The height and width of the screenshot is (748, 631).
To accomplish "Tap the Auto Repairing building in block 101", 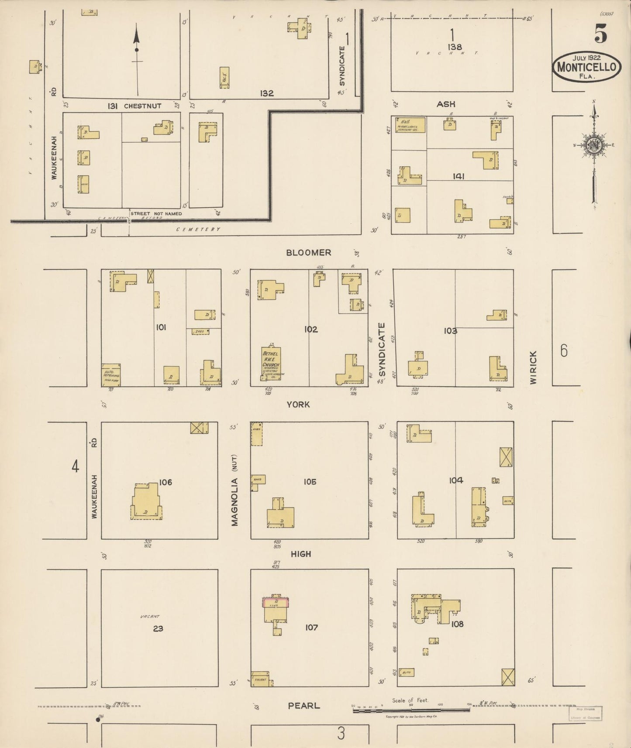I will (x=111, y=374).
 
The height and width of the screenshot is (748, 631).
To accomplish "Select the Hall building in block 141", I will (x=410, y=125).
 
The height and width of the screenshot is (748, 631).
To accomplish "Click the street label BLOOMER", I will (x=309, y=252).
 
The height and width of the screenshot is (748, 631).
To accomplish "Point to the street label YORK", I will (x=298, y=405).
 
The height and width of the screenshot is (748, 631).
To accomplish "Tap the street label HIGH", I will (x=301, y=554).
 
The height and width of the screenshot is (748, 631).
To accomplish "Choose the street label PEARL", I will (x=304, y=705).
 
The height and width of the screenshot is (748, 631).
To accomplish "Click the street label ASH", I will (x=446, y=104).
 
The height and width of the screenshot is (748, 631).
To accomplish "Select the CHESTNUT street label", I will (x=142, y=106).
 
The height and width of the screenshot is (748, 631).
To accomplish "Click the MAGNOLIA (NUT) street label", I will (x=234, y=490).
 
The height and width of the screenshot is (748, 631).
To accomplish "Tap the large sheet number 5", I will (x=600, y=33).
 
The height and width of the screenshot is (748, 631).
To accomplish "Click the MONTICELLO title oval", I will (x=586, y=67).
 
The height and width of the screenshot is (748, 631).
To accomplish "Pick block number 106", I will (x=166, y=482).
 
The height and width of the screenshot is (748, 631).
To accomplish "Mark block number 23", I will (x=158, y=628).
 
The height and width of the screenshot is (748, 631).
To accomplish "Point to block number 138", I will (x=454, y=47).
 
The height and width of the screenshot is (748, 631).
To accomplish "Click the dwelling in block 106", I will (x=146, y=503).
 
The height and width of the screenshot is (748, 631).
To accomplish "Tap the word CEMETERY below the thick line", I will (x=198, y=229).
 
